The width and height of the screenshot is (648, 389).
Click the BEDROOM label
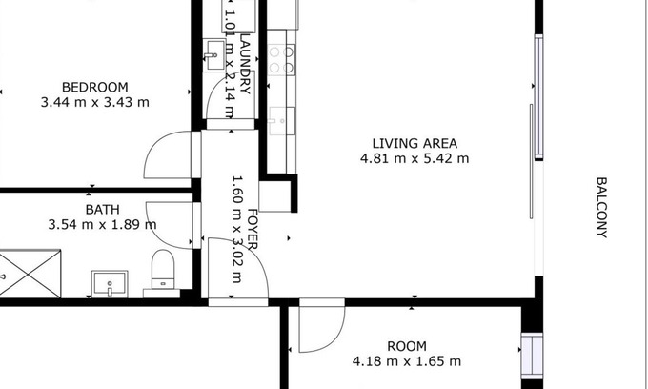point(95,87)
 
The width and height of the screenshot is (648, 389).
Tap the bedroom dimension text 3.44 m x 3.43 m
point(95,102)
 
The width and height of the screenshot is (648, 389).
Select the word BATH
point(103,210)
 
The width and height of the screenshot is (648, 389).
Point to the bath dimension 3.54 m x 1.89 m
point(103,225)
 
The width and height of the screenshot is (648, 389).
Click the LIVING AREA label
point(415,143)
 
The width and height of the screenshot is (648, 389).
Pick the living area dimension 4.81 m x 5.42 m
point(415,158)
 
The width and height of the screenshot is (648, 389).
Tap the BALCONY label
point(601,208)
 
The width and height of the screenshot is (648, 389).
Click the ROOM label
point(407,346)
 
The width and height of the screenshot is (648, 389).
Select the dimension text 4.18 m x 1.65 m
point(407,361)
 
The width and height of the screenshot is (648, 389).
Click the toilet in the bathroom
point(163,269)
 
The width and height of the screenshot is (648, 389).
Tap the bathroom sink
point(110,283)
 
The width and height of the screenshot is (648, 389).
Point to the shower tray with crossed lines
point(30,274)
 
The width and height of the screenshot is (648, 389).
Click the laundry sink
point(214,55)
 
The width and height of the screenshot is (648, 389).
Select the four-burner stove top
point(282,59)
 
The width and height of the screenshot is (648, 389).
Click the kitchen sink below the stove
point(282,121)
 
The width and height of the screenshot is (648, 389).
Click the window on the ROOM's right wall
point(532,355)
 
